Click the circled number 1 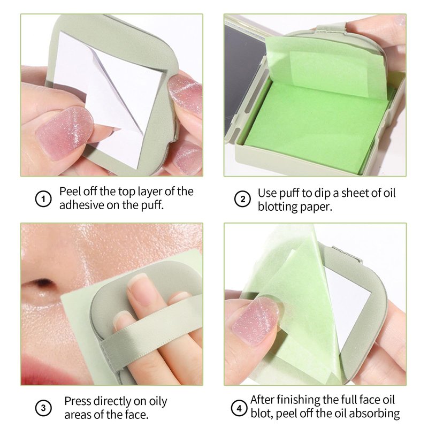pos(43,198)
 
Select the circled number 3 pos(43,408)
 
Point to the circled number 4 pos(239,408)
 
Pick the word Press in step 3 pos(78,401)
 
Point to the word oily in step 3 pos(158,402)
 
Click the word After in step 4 pos(262,400)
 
